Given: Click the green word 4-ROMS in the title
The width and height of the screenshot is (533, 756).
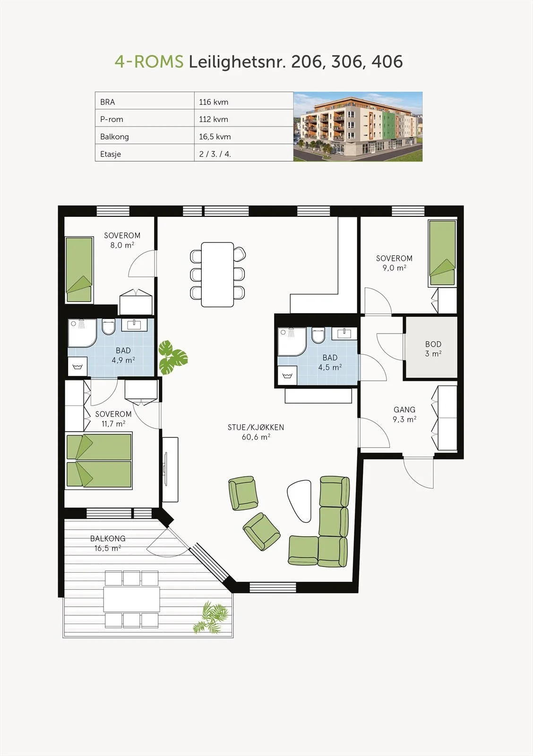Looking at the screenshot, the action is (x=149, y=61).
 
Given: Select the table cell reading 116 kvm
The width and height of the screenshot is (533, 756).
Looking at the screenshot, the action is (x=244, y=101).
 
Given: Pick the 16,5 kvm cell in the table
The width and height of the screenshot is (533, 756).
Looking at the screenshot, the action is (x=244, y=135).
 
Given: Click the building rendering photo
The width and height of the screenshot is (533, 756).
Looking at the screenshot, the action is (x=358, y=127).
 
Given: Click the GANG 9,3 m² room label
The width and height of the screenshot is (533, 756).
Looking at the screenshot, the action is (x=404, y=414).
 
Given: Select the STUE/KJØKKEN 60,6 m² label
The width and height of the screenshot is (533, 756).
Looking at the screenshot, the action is (x=256, y=432).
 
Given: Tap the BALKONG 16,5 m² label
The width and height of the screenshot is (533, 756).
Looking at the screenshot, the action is (x=108, y=543).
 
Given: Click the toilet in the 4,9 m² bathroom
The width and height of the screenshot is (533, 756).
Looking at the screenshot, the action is (x=109, y=326).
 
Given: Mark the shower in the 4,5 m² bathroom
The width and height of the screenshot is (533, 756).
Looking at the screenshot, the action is (x=292, y=341).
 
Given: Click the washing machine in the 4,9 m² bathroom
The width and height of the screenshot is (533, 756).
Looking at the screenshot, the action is (x=77, y=366).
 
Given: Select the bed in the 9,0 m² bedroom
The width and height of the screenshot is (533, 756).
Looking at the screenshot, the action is (x=442, y=253).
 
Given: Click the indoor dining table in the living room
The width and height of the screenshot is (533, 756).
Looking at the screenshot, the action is (x=217, y=275).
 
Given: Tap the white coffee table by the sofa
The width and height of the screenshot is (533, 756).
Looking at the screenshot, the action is (x=300, y=501).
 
